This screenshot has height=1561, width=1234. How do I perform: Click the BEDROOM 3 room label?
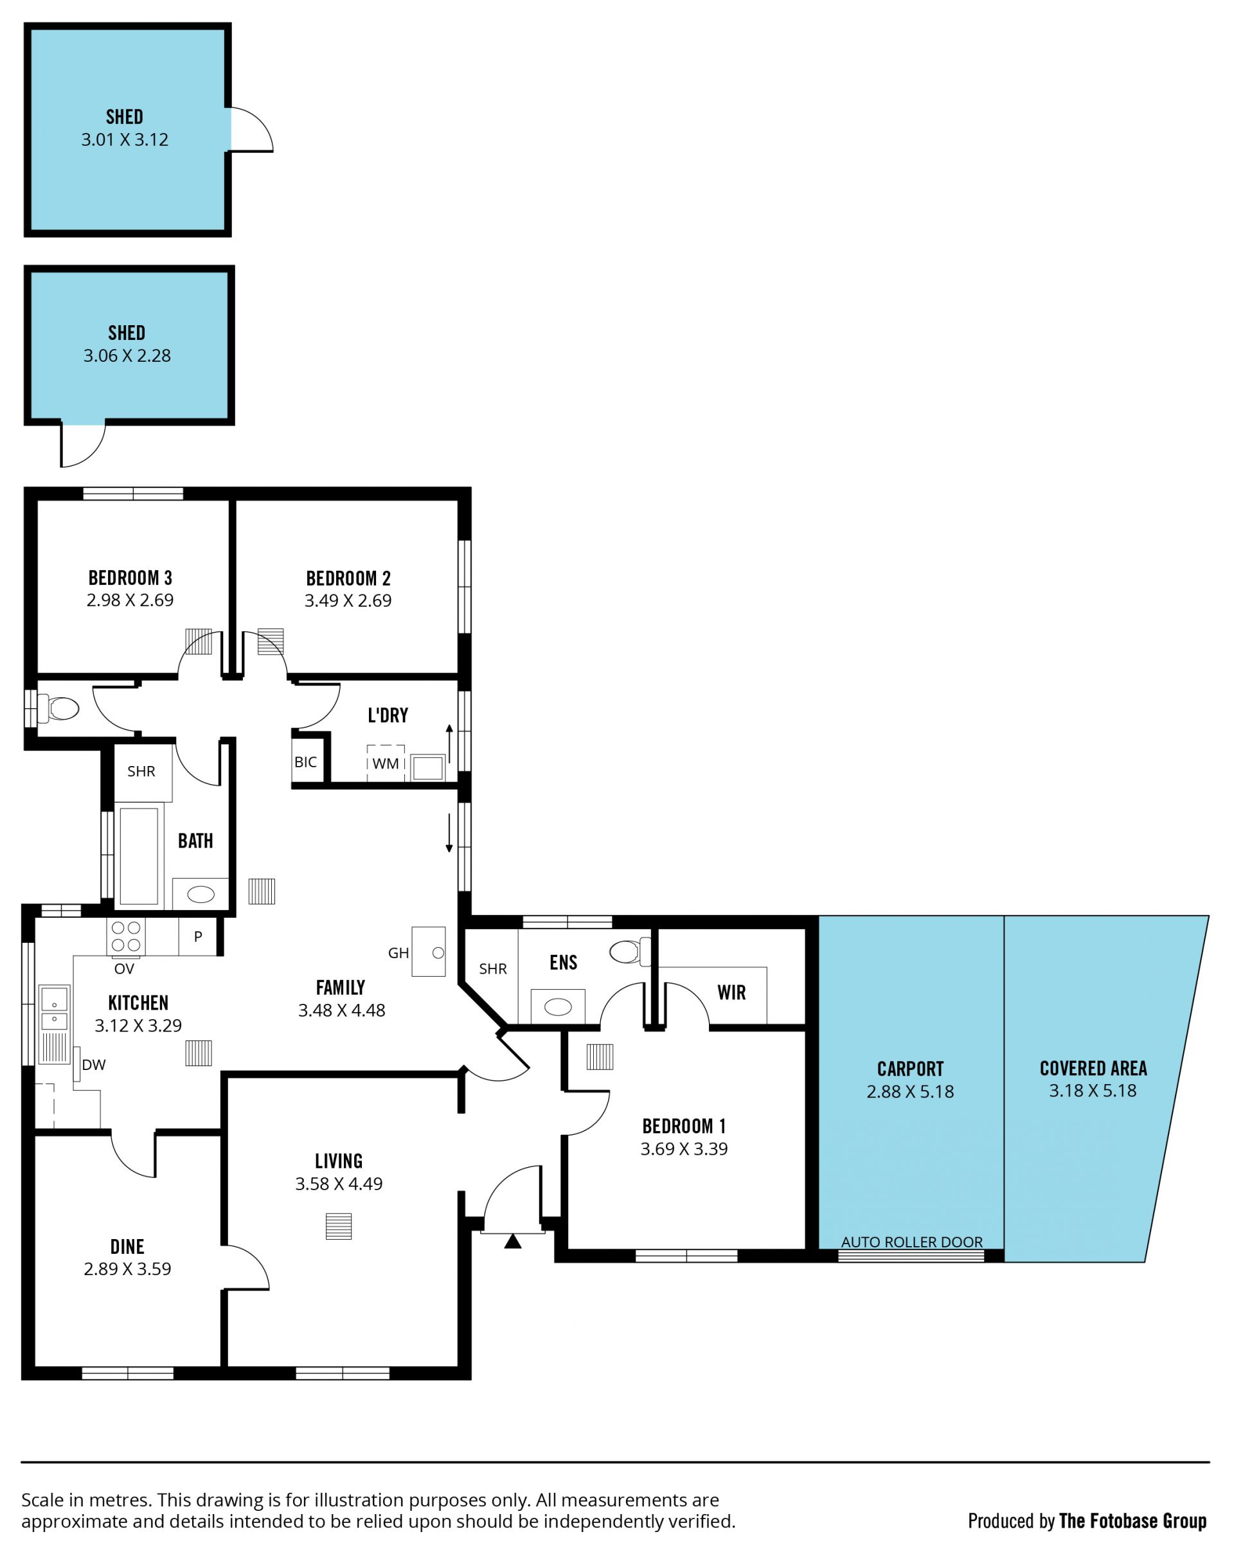130,578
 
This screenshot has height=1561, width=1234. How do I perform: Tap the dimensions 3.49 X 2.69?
348,601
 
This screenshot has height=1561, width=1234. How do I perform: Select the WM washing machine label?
386,763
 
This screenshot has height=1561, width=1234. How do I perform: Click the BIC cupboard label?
306,762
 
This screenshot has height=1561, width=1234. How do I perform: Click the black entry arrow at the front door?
513,1241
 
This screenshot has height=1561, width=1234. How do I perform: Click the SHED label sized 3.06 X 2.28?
127,333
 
